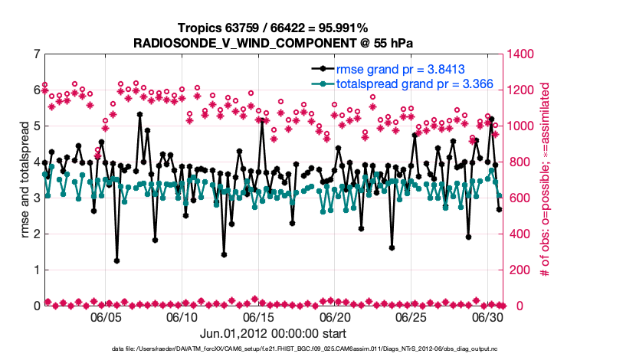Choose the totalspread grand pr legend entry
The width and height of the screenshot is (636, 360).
414,83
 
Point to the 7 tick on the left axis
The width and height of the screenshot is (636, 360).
36,54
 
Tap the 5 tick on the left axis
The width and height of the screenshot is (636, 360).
36,126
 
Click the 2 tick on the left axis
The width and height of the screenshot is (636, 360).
36,234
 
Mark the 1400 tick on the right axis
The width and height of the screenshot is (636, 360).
521,54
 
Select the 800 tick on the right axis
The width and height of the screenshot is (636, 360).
518,162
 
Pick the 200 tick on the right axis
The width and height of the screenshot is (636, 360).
518,270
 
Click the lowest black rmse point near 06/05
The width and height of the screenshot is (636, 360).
116,260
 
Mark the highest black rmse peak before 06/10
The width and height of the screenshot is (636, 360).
139,114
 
